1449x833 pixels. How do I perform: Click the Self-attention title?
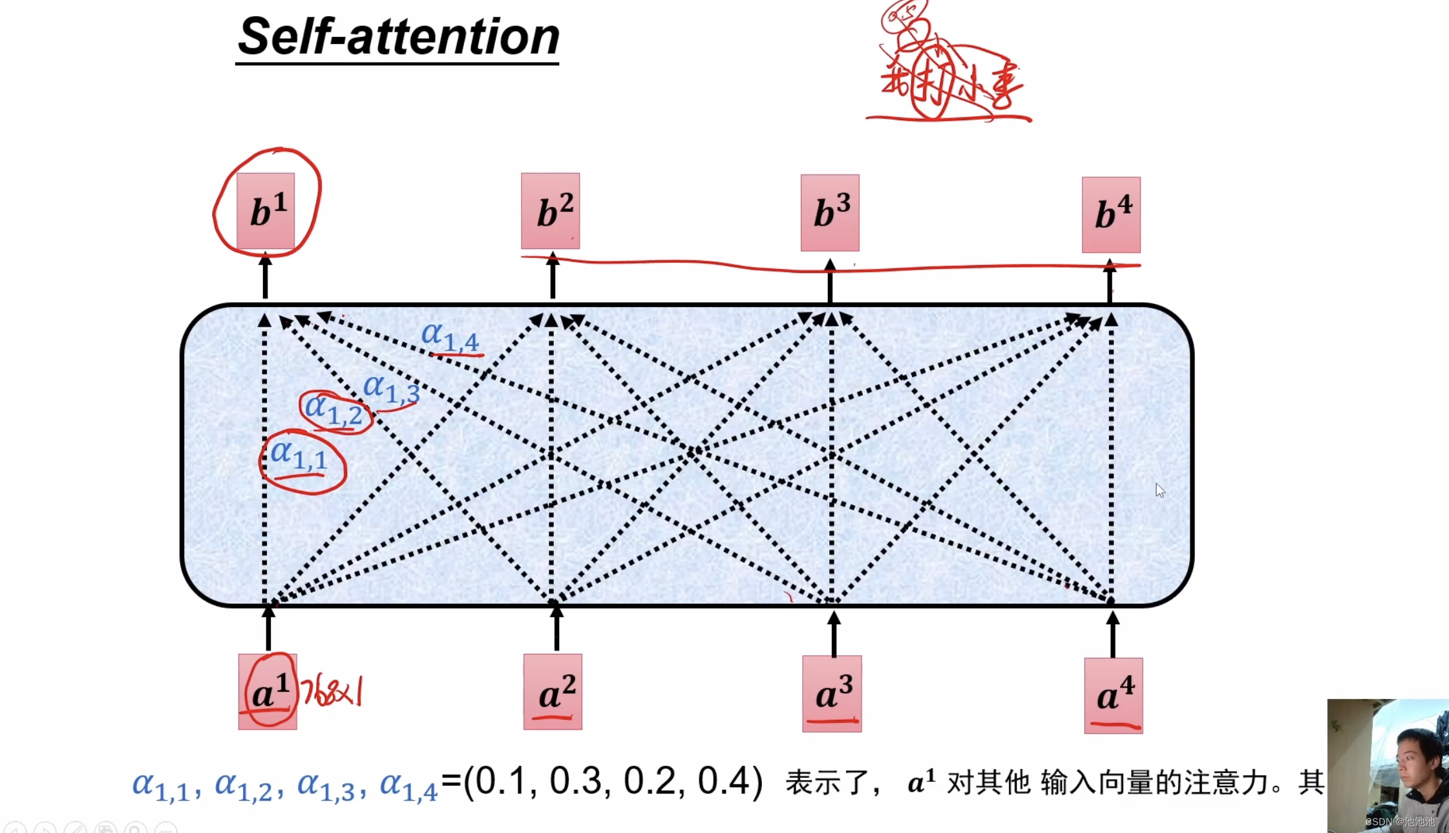(398, 38)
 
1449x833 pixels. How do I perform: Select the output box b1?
(266, 211)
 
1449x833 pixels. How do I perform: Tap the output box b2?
(551, 211)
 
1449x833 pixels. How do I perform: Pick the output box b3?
(830, 212)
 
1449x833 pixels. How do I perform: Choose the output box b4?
(1111, 215)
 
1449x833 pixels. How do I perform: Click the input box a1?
(267, 692)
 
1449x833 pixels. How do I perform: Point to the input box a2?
(553, 692)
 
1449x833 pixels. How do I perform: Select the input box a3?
(832, 693)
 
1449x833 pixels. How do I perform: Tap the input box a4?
(1114, 695)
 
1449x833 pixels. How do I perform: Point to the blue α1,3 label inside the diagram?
(391, 389)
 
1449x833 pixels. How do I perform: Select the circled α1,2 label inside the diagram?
(334, 410)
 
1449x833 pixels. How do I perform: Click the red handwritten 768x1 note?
(332, 692)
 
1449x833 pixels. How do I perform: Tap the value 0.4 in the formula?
(724, 781)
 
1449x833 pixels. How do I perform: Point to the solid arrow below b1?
(265, 277)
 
